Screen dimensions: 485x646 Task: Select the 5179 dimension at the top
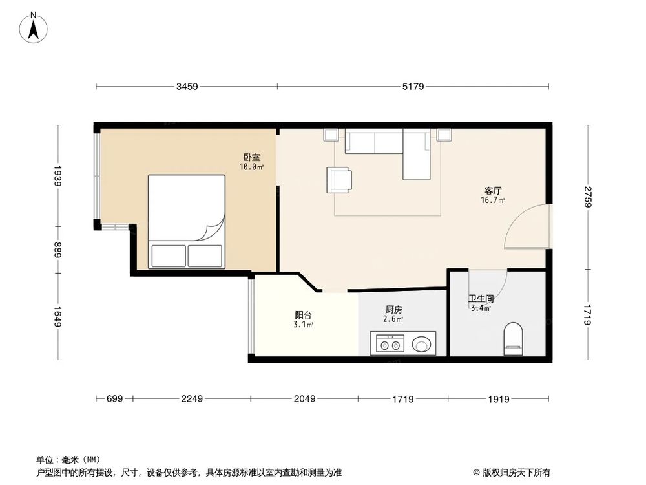point(412,86)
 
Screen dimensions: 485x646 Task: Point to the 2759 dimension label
point(587,196)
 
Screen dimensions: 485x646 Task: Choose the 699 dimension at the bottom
point(114,399)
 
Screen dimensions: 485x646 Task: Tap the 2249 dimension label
point(193,399)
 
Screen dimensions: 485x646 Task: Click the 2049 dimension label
point(304,399)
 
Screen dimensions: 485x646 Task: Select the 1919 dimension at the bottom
point(499,399)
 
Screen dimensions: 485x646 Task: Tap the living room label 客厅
point(494,191)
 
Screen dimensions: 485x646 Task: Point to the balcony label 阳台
point(304,315)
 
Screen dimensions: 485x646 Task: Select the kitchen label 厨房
point(393,310)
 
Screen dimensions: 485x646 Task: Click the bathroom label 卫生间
point(481,299)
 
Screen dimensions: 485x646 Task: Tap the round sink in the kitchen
point(422,344)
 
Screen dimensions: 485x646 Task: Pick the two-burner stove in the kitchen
point(388,344)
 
